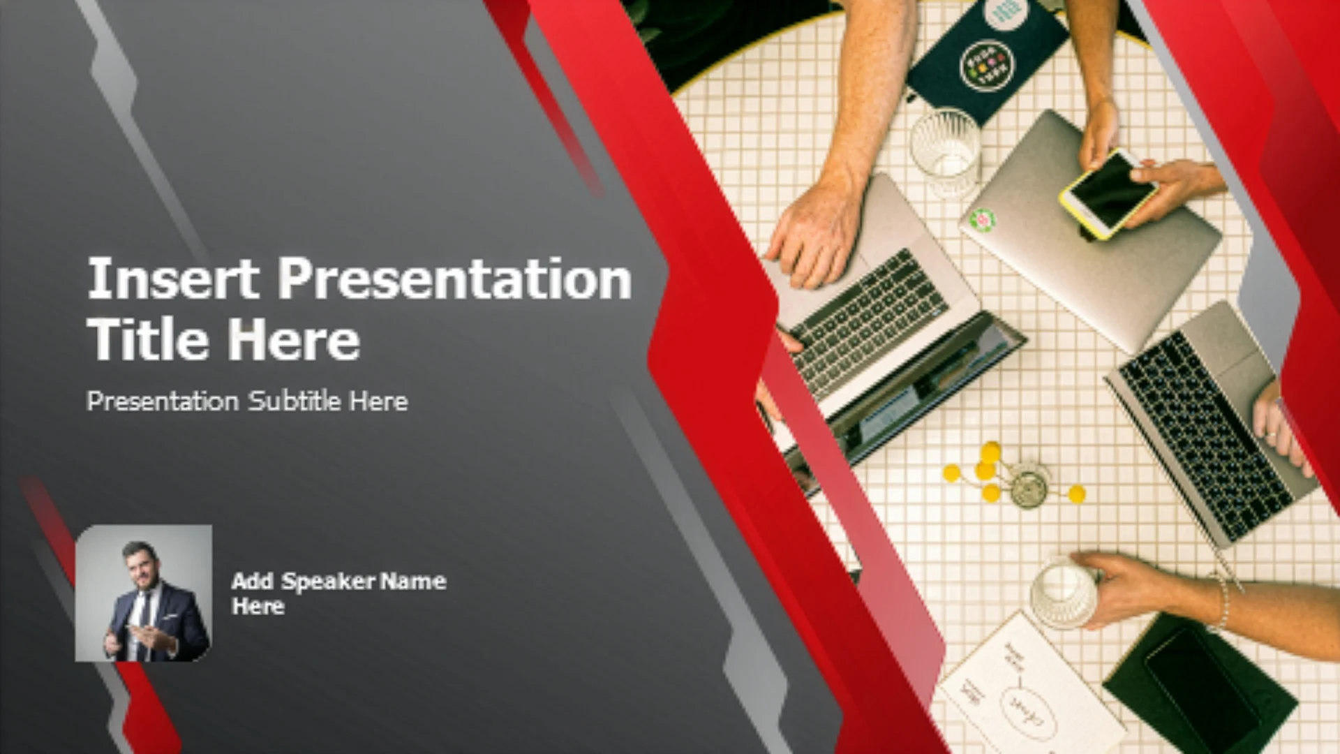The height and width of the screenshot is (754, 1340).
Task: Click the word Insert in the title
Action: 173,278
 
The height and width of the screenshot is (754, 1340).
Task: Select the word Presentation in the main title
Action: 455,279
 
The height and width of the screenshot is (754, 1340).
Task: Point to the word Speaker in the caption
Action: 328,581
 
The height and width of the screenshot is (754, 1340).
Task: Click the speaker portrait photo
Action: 143,593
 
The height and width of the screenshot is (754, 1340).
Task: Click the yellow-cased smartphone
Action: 1108,192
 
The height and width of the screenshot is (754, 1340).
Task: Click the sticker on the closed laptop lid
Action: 983,221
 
